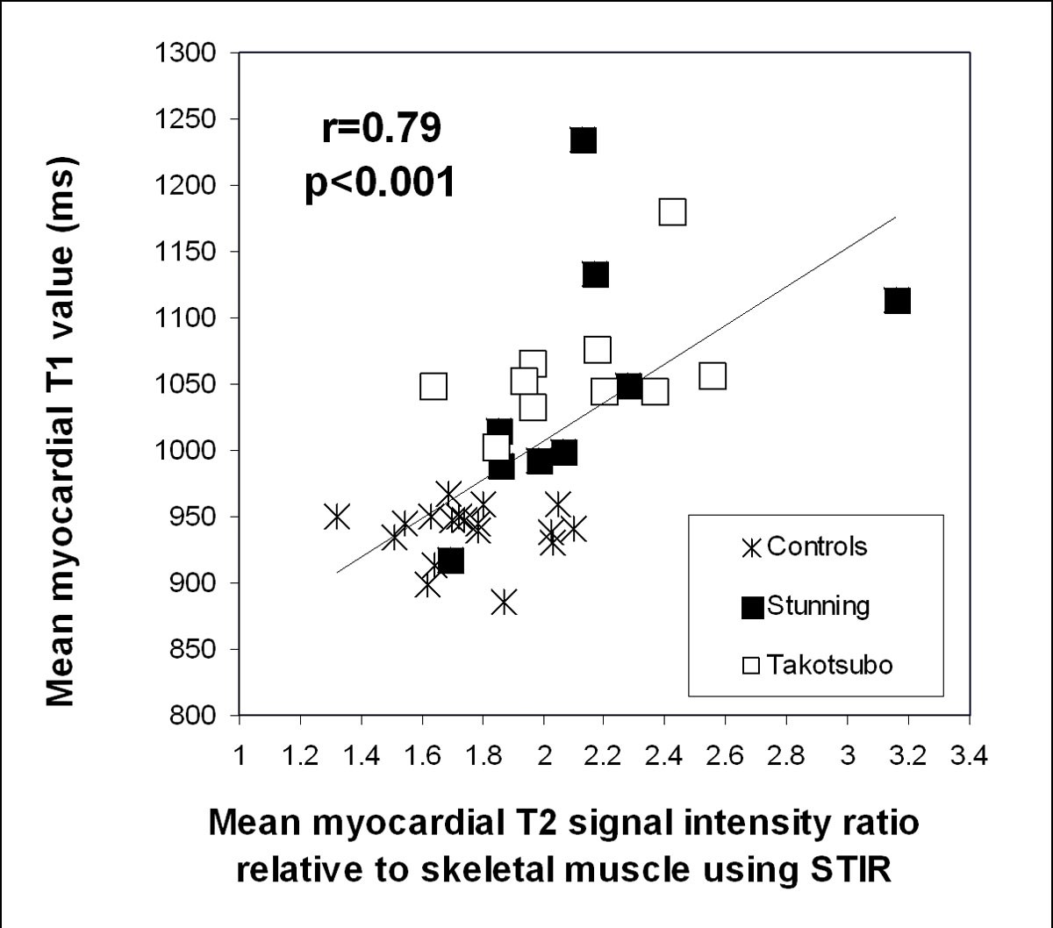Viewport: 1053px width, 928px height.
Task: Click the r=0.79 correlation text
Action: click(380, 129)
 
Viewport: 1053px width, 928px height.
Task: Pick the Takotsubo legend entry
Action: click(816, 665)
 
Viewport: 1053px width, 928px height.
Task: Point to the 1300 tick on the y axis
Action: click(190, 54)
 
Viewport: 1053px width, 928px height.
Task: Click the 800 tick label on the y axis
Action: click(197, 716)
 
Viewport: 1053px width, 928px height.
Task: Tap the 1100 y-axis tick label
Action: click(190, 318)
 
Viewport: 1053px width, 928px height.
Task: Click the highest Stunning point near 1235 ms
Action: click(584, 139)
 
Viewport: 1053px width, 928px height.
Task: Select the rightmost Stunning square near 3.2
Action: click(897, 300)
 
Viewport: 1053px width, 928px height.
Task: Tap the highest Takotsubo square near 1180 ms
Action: click(672, 212)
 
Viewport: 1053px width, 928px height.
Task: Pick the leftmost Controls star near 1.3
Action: click(336, 517)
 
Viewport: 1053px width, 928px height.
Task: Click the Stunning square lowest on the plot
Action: click(450, 560)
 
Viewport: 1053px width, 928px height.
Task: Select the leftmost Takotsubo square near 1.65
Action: click(433, 386)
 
